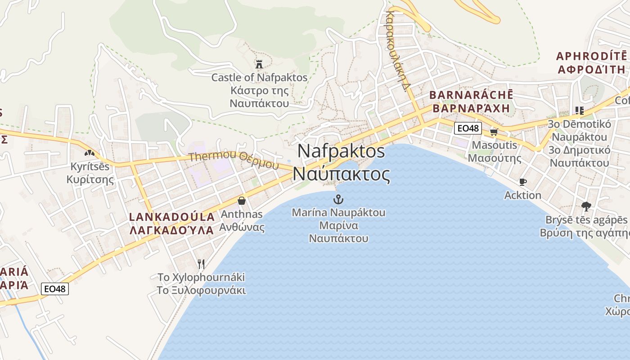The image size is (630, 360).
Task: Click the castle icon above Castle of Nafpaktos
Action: coord(259,63)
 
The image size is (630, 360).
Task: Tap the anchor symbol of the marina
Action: coord(338,199)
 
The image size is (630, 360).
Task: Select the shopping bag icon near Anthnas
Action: coord(242,201)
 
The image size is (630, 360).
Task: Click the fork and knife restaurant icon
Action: coord(201,264)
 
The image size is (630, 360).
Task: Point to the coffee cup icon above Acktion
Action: coord(522,182)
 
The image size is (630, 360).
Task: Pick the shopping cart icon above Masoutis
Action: coord(494,132)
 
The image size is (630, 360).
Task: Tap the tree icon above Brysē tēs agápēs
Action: coord(586,207)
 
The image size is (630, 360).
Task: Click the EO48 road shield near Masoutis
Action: coord(468,128)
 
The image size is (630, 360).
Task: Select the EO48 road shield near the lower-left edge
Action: coord(55,288)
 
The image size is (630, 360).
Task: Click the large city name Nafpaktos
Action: coord(341,151)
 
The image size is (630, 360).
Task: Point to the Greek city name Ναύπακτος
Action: coord(341,174)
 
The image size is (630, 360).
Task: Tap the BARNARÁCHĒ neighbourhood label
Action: coord(471,95)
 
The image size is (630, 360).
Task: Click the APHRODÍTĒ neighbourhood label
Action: coord(591,56)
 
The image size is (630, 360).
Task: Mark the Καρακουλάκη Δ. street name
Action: coord(399,49)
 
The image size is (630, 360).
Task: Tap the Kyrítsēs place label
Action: coord(90,166)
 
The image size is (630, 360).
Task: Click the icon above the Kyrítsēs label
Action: coord(90,153)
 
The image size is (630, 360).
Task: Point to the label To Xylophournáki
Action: coord(201,277)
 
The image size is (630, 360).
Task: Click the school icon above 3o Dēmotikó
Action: coord(579,110)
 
